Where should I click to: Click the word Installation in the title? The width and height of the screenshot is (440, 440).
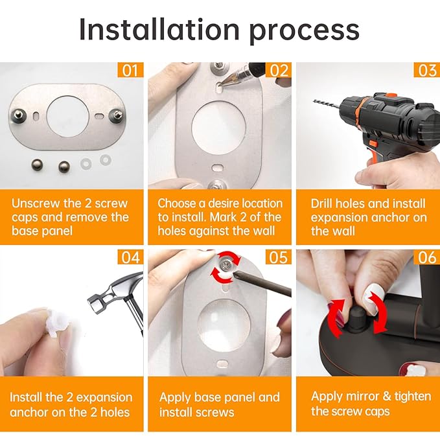click(x=159, y=29)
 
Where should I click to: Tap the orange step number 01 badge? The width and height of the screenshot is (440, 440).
click(x=130, y=69)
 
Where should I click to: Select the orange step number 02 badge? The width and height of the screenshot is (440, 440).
click(x=279, y=69)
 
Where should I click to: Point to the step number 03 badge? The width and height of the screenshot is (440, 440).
click(x=427, y=69)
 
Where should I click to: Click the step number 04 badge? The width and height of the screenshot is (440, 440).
click(x=130, y=257)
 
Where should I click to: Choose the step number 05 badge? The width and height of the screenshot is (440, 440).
click(x=279, y=257)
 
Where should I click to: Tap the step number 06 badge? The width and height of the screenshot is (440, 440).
click(x=427, y=257)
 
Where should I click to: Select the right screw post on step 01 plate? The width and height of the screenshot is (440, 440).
click(x=116, y=115)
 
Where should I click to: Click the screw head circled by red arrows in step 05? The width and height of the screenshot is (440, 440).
click(x=226, y=265)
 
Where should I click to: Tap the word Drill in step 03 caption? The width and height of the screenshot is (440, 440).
click(x=321, y=203)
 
